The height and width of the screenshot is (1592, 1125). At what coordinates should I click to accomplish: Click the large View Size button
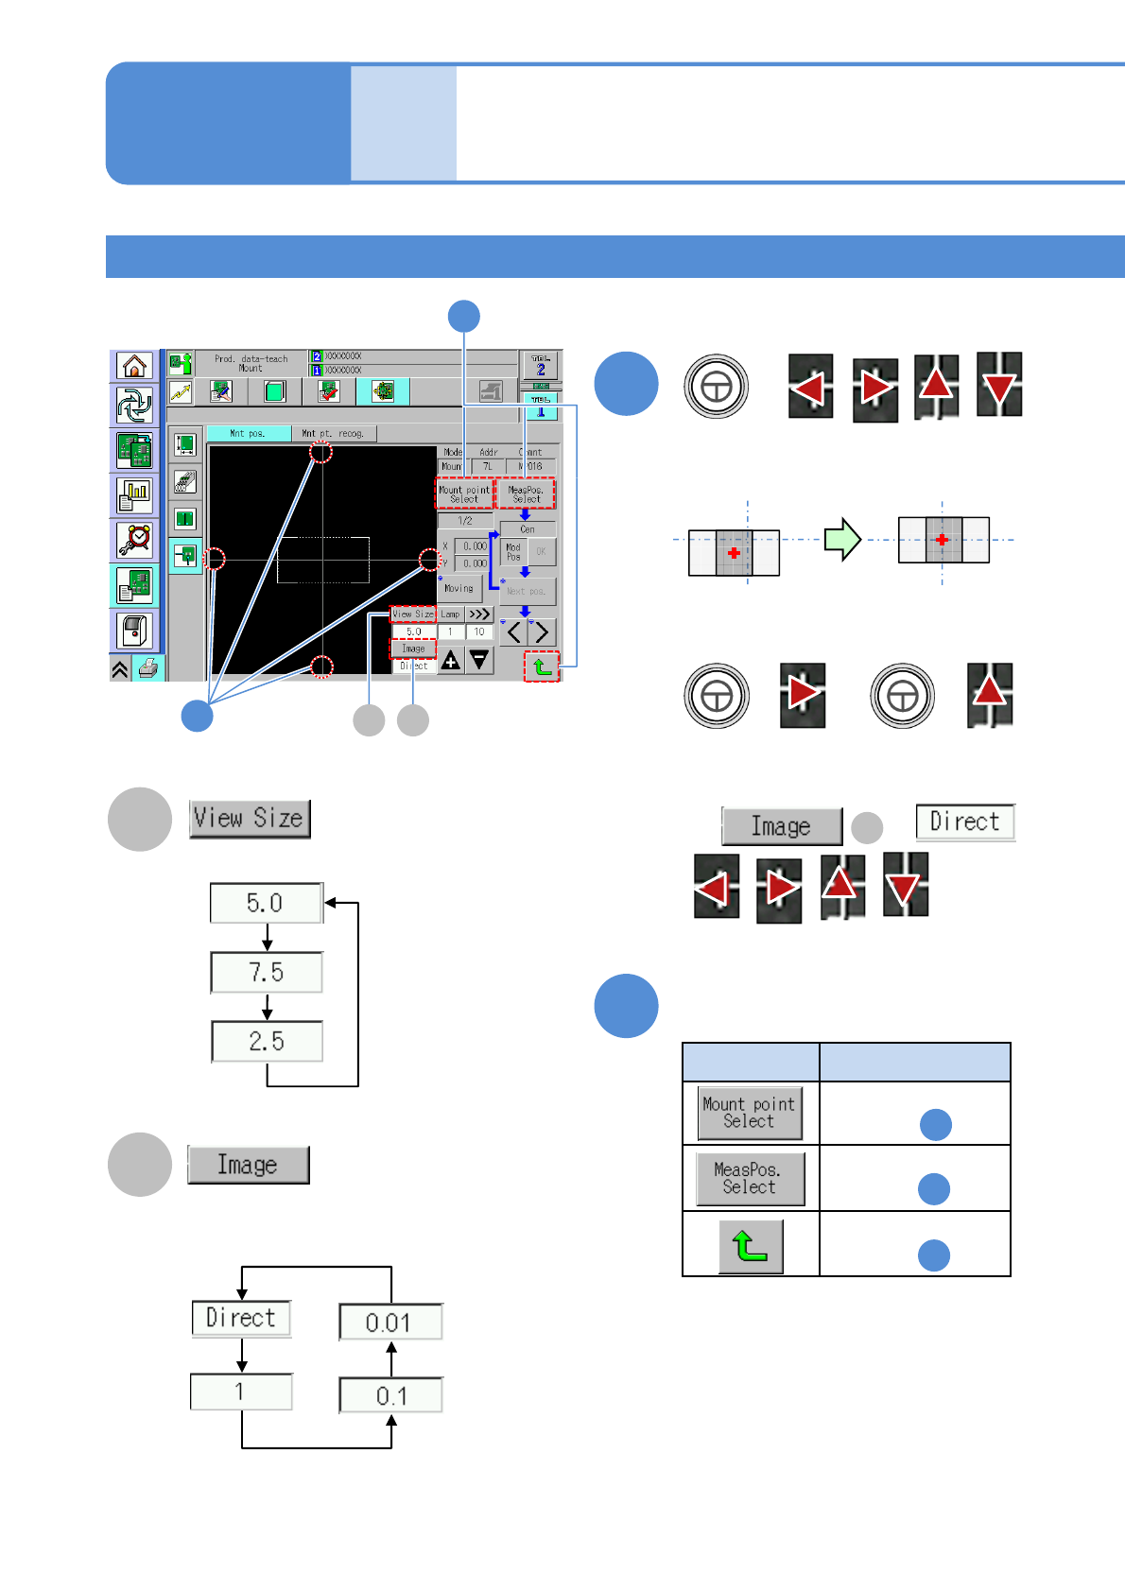[250, 819]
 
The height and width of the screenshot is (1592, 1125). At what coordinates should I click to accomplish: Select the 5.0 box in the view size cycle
[266, 903]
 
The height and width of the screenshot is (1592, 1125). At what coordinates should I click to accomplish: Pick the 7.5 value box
[266, 973]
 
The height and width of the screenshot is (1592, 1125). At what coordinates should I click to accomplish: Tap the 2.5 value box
[267, 1042]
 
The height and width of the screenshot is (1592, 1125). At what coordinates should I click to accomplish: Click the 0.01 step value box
[389, 1323]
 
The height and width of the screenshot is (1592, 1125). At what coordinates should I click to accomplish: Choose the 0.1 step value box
[390, 1395]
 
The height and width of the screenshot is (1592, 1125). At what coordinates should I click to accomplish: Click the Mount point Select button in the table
[750, 1113]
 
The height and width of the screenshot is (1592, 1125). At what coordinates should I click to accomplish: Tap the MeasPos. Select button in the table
[750, 1179]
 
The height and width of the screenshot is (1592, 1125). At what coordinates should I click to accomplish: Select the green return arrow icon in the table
[751, 1246]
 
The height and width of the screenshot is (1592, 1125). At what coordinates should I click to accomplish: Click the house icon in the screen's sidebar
[135, 366]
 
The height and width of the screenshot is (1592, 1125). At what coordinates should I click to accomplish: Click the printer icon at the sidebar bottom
[148, 669]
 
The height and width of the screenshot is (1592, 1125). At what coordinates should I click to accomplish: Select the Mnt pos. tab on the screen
[248, 434]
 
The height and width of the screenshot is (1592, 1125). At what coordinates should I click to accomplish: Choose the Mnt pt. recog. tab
[333, 434]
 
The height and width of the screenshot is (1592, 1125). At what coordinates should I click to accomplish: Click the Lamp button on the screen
[450, 614]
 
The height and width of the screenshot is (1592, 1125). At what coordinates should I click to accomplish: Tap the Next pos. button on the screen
[527, 592]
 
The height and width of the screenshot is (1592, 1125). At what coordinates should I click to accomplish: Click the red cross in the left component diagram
[734, 553]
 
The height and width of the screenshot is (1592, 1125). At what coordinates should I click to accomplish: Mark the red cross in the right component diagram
[942, 540]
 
